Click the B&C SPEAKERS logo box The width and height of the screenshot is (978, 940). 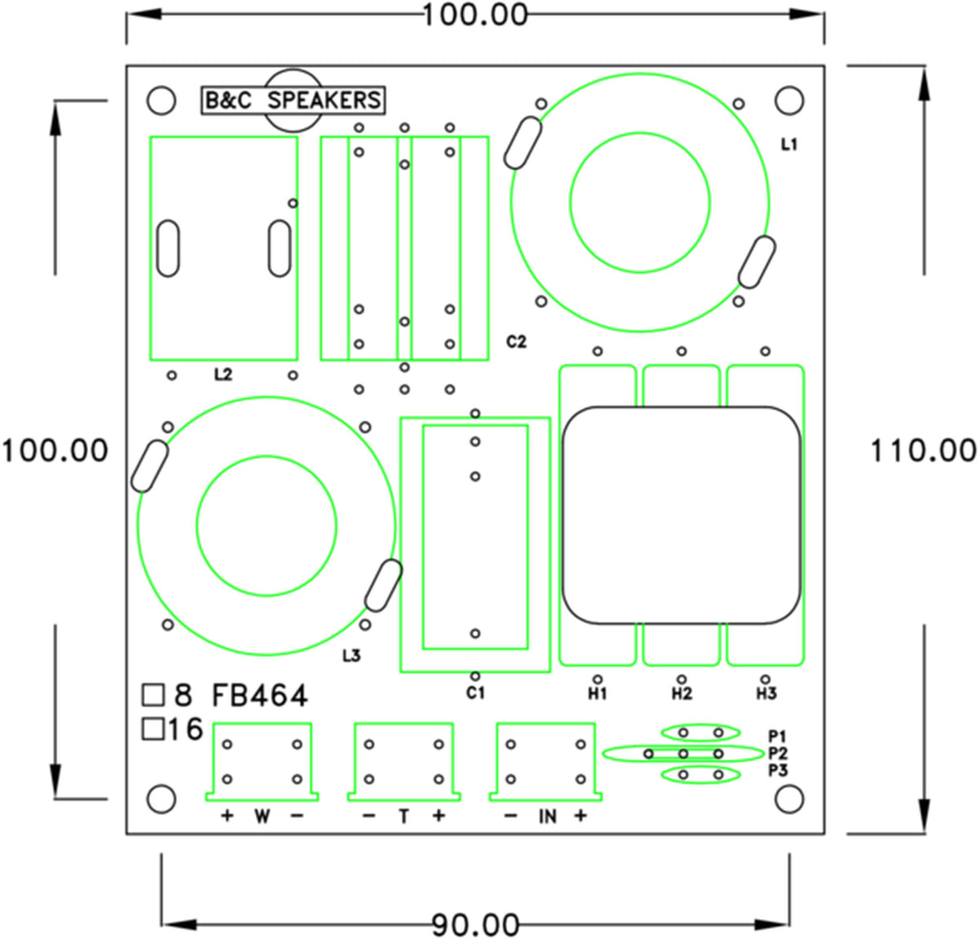pos(293,100)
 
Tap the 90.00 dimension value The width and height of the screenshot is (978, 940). pos(475,925)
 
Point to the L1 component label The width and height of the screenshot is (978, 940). pos(789,145)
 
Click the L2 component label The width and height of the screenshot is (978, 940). pos(223,374)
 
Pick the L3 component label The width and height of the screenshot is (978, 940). pos(351,656)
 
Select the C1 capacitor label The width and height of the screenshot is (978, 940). pos(475,693)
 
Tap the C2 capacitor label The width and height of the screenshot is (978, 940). pos(516,342)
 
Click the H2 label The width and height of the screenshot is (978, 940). pos(681,694)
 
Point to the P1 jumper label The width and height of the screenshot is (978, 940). pos(777,737)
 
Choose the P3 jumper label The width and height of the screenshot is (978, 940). pos(778,770)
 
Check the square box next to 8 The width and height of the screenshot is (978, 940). pos(152,695)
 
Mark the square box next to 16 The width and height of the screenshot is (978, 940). pos(152,730)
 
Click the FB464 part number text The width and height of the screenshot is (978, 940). pos(259,696)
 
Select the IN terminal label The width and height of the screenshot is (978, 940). pos(548,818)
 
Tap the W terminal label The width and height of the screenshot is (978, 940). pos(262,817)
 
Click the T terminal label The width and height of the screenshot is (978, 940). pos(403,817)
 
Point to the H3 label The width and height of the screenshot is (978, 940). pos(766,694)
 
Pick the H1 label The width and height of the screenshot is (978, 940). pos(597,694)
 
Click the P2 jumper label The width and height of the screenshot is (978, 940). pos(778,753)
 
